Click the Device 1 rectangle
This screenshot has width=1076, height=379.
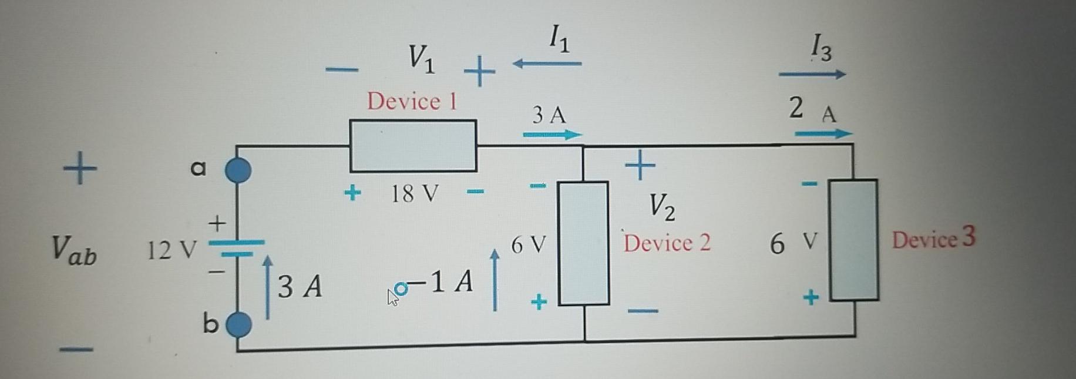(x=413, y=146)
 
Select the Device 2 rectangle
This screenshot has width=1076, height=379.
(x=583, y=243)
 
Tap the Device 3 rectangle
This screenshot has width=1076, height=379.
(x=854, y=240)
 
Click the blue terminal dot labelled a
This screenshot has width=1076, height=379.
(x=238, y=170)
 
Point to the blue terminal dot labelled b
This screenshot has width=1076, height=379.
(x=239, y=324)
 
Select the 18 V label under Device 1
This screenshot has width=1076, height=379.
(x=415, y=193)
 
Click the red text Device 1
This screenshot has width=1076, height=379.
(x=412, y=102)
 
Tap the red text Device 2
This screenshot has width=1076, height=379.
(x=667, y=243)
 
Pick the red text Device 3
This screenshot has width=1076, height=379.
(x=934, y=239)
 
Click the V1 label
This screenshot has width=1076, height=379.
(x=422, y=59)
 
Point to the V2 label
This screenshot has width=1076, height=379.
(x=662, y=207)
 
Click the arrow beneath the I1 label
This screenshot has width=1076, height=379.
(x=547, y=63)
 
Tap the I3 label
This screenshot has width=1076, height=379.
(x=821, y=47)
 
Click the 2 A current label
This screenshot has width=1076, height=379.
(x=812, y=109)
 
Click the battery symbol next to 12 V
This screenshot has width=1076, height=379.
(x=237, y=248)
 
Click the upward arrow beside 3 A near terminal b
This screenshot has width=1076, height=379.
(x=268, y=287)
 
